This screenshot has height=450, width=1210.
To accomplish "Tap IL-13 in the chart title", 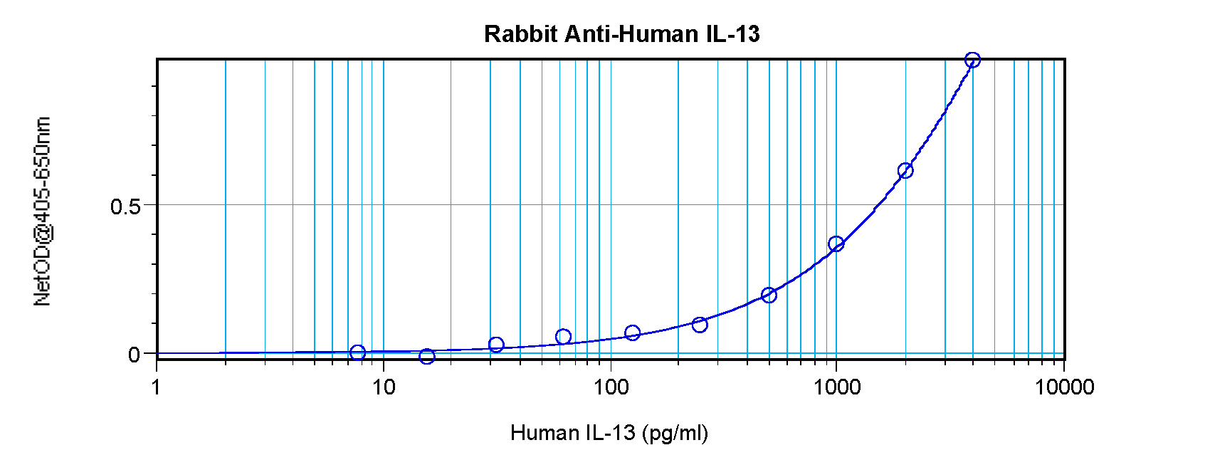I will [733, 34].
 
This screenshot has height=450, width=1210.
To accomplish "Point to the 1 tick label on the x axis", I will [157, 387].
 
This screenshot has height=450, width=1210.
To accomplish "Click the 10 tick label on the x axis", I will [383, 387].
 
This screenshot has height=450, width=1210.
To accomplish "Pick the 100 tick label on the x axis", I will [610, 387].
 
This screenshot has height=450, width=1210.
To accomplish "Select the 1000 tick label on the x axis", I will [837, 387].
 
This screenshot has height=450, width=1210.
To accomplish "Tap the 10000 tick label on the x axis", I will [1064, 387].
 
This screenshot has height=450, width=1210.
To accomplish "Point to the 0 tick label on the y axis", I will [134, 355].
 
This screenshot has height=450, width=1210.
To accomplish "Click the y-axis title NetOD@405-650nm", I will [42, 212].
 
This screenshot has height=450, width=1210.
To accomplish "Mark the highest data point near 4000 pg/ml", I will [972, 61].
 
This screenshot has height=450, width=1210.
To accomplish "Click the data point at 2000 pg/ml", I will [905, 171].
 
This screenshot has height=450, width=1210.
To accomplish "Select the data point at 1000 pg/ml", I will [836, 244].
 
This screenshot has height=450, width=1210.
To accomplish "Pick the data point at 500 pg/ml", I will [769, 295].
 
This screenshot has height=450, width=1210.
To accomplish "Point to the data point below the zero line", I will [427, 356].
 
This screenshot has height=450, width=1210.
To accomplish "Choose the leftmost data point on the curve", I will [358, 352].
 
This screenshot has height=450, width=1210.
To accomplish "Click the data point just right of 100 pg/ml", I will [633, 333].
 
